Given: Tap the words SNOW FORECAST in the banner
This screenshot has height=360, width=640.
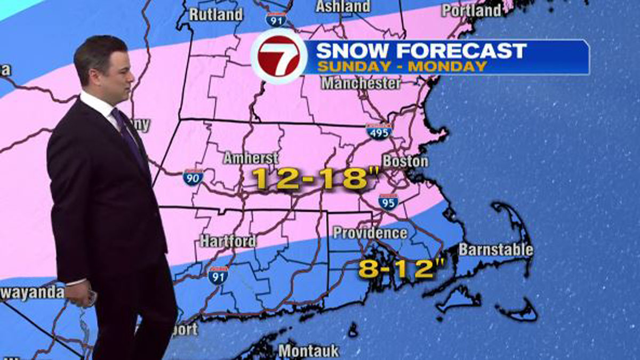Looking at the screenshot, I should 421,51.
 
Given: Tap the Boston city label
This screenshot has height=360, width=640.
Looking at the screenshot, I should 405,161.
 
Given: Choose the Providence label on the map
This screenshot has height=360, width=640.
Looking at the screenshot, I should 370,233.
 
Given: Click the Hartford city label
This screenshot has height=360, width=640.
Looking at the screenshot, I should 228,241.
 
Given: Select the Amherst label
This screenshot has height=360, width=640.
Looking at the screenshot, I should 251,158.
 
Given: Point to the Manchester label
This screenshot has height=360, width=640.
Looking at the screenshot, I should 361,84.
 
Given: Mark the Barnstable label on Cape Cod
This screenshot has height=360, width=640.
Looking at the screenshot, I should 495,249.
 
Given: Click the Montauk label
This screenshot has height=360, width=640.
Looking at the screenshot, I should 308,351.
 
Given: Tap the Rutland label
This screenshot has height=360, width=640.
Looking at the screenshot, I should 216,14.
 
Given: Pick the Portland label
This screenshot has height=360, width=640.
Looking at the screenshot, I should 471,10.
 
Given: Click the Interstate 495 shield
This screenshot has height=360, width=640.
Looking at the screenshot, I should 379,131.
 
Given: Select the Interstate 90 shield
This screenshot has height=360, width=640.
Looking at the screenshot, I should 193,177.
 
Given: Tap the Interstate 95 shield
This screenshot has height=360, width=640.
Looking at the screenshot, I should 388,201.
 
